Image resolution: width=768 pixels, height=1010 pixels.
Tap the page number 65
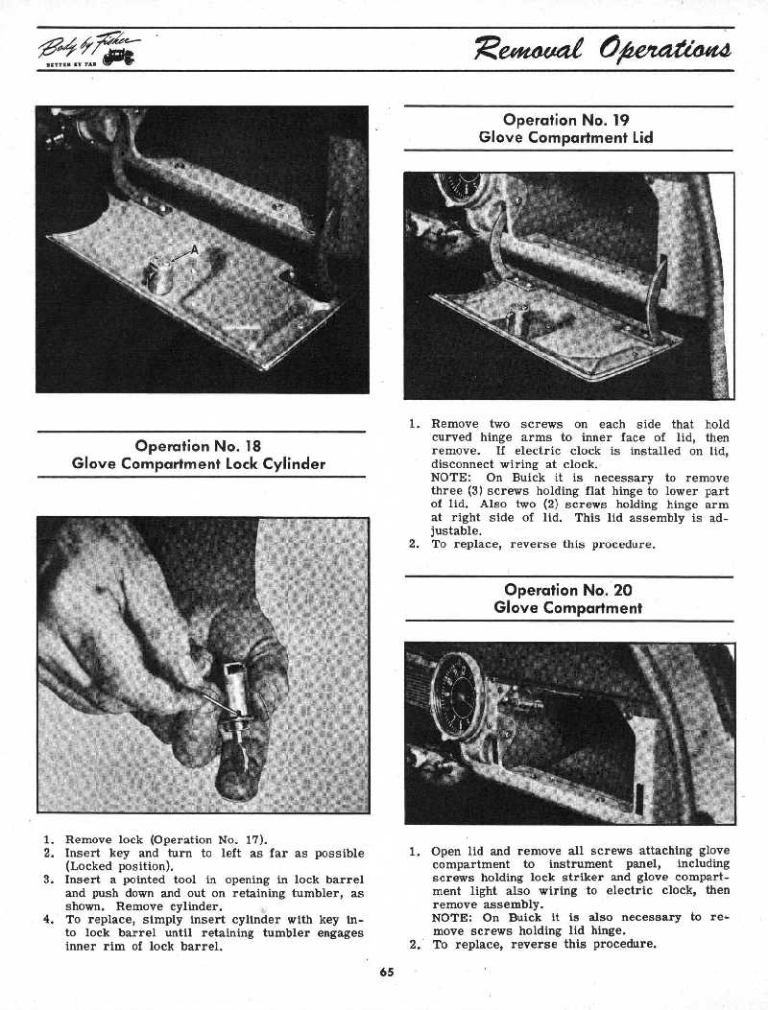click(x=386, y=972)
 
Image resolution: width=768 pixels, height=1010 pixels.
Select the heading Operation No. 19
click(x=566, y=120)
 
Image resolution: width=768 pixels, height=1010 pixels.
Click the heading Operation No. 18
click(x=199, y=446)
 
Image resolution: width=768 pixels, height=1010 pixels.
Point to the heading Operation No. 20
click(x=567, y=590)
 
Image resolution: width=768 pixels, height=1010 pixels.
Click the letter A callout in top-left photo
click(x=194, y=250)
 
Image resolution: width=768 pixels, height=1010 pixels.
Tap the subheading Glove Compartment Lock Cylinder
click(x=199, y=464)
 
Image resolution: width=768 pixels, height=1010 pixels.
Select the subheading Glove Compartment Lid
click(x=566, y=137)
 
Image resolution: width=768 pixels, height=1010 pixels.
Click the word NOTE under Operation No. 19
click(x=450, y=478)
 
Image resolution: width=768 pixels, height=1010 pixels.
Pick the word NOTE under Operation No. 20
click(x=450, y=917)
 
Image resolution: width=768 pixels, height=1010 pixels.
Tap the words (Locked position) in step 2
click(x=118, y=866)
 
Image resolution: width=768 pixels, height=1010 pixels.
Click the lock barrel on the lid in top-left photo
click(x=158, y=274)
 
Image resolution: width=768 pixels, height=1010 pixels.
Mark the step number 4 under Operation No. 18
click(x=47, y=920)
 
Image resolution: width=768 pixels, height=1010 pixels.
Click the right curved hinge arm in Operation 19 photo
click(x=655, y=288)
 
